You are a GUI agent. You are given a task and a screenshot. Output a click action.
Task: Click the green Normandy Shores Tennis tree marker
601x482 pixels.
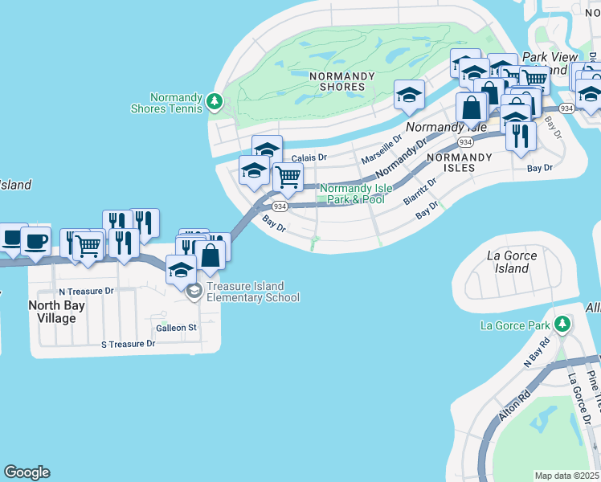pyautogui.click(x=213, y=101)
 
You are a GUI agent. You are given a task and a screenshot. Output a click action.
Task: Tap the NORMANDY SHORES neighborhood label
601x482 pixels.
pyautogui.click(x=342, y=81)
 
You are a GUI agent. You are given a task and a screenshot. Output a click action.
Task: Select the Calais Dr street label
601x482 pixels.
pyautogui.click(x=309, y=158)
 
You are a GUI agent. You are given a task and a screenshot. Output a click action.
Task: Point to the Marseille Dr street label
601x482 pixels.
pyautogui.click(x=380, y=149)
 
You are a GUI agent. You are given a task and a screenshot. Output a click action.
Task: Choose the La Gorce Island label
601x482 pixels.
pyautogui.click(x=512, y=262)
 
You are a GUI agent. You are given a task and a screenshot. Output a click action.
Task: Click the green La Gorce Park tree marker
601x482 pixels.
pyautogui.click(x=562, y=325)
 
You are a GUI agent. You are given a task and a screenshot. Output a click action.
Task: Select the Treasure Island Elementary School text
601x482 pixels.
pyautogui.click(x=252, y=292)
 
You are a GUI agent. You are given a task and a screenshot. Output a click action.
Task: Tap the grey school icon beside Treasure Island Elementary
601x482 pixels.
pyautogui.click(x=193, y=292)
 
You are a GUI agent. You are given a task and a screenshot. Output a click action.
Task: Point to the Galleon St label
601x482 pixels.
pyautogui.click(x=177, y=328)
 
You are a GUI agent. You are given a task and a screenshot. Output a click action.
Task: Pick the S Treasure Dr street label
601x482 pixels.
pyautogui.click(x=127, y=344)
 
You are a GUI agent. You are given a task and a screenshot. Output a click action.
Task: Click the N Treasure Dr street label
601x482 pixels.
pyautogui.click(x=86, y=291)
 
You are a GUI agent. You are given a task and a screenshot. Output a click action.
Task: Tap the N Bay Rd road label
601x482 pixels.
pyautogui.click(x=537, y=352)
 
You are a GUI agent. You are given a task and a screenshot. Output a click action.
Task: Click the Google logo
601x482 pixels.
pyautogui.click(x=27, y=472)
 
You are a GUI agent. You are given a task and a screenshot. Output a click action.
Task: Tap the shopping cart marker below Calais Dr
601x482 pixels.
pyautogui.click(x=288, y=178)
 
